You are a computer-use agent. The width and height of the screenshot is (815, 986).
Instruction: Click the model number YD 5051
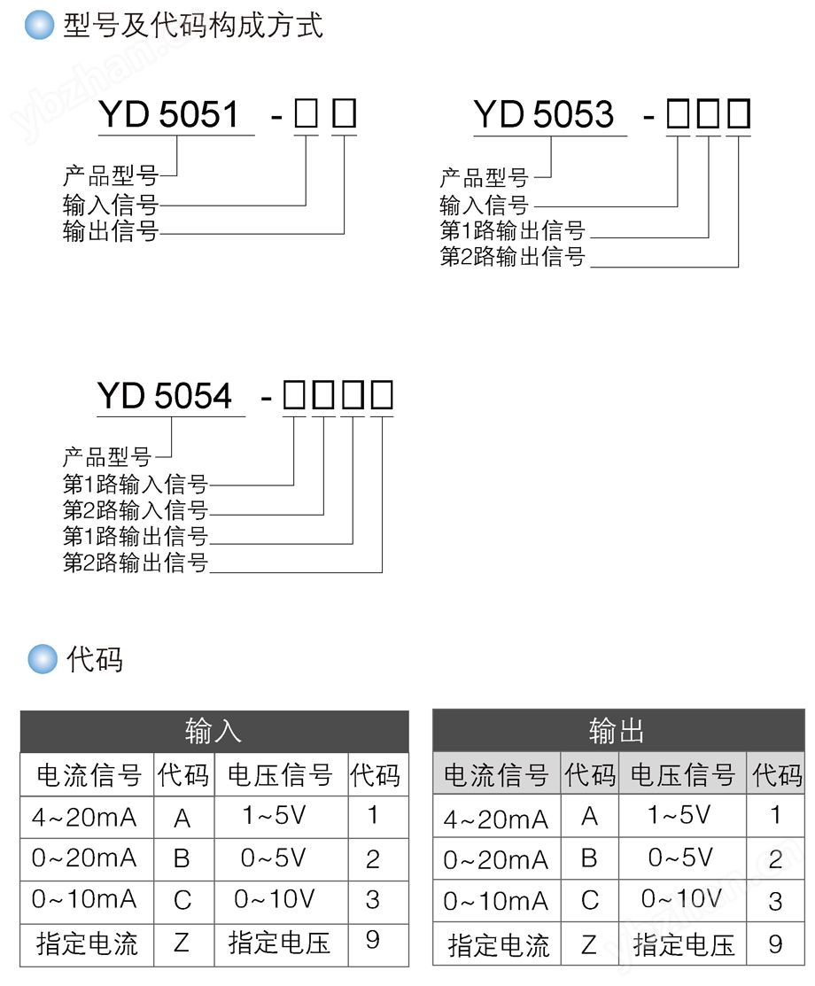coord(169,114)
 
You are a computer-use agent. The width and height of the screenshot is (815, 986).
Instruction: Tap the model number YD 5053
coord(543,114)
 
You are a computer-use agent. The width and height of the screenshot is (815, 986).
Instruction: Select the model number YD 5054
coord(165,395)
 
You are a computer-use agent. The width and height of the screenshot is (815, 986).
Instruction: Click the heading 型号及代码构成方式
coord(193,25)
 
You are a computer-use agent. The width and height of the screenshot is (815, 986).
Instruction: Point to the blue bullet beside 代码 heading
coord(43,659)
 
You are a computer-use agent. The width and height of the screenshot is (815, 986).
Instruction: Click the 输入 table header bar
coord(214,732)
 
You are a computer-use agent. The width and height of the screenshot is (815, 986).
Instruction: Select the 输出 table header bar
coord(618,731)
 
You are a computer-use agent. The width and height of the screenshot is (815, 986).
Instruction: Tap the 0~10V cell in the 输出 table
coord(681,898)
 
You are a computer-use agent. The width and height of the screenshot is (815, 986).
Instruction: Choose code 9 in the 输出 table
coord(775,943)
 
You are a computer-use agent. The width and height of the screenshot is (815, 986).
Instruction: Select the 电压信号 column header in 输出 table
coord(683,774)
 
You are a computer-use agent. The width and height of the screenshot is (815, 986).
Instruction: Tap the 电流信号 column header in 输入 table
coord(89,775)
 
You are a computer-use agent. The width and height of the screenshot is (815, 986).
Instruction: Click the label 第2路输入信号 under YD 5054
coord(136,509)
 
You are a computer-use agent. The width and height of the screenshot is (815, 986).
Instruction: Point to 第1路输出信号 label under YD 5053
coord(513,230)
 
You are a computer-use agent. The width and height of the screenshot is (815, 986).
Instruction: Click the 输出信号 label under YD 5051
coord(110,231)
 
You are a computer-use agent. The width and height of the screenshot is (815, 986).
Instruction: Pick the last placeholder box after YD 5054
coord(382,395)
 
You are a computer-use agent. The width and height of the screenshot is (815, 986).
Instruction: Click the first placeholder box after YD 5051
coord(307,113)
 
